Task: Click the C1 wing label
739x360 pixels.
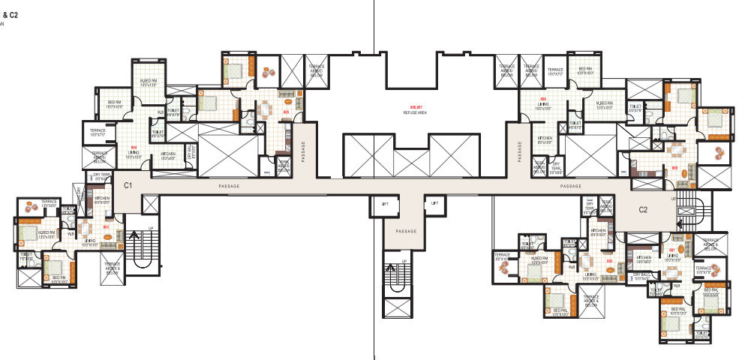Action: [x=128, y=184]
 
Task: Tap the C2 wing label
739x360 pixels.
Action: [x=643, y=210]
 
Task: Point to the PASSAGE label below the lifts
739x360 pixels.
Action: [x=405, y=232]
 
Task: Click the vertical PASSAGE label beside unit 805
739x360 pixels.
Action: [x=304, y=151]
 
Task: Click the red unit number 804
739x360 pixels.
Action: [x=134, y=147]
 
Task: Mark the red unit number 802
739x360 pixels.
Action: [x=610, y=261]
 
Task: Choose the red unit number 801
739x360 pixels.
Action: [x=672, y=250]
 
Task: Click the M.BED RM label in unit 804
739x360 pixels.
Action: [x=148, y=81]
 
